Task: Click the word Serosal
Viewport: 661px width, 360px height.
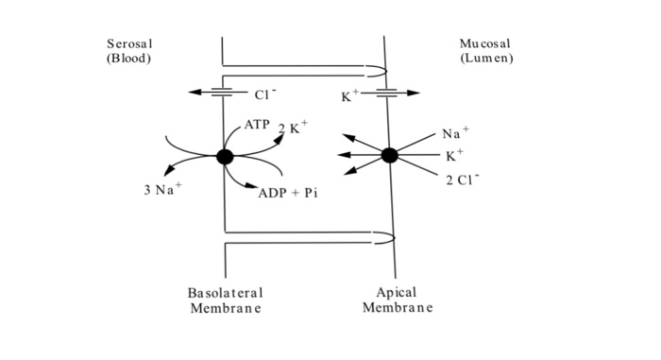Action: click(130, 44)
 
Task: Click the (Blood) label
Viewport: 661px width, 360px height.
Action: click(129, 59)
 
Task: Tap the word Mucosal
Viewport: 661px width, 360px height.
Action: click(483, 44)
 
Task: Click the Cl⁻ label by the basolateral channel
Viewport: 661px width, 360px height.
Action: click(264, 94)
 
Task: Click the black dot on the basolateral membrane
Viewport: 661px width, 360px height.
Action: click(225, 157)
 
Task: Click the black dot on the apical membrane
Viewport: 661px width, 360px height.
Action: click(389, 156)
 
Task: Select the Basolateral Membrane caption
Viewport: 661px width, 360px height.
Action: click(225, 300)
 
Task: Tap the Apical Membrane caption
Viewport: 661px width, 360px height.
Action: click(397, 300)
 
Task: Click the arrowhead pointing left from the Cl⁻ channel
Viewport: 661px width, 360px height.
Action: click(193, 93)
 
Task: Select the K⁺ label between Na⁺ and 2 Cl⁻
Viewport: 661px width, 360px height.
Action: click(455, 155)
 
